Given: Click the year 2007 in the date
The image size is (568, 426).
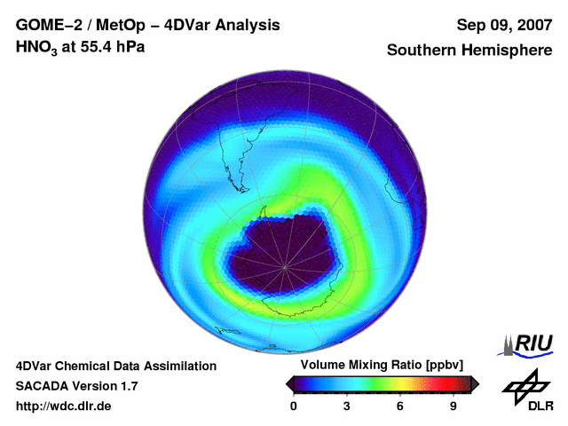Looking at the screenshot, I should pyautogui.click(x=532, y=25).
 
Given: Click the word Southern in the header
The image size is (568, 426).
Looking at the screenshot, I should pyautogui.click(x=422, y=50).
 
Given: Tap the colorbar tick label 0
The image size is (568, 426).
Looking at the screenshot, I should pyautogui.click(x=295, y=406).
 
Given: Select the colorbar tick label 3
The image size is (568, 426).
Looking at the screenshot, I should pyautogui.click(x=347, y=406).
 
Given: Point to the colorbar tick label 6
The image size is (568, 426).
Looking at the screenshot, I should pyautogui.click(x=400, y=406).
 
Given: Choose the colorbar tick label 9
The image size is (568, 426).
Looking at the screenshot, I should pyautogui.click(x=453, y=406).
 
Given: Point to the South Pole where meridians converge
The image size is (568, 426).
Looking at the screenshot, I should pyautogui.click(x=285, y=266).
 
